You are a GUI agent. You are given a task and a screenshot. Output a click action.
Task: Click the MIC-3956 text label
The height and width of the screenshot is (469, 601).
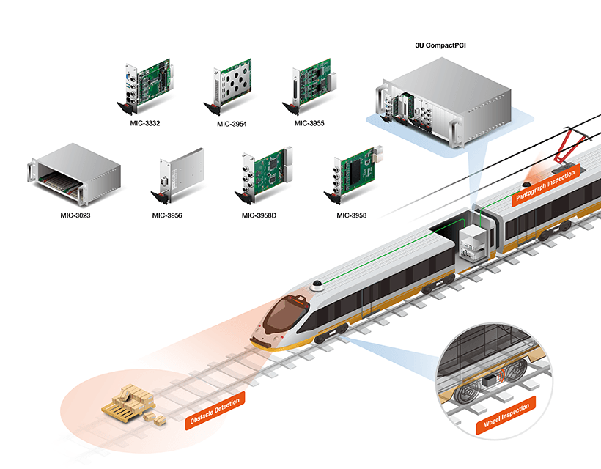167,215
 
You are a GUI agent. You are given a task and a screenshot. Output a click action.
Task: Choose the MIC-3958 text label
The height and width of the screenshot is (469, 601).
351,215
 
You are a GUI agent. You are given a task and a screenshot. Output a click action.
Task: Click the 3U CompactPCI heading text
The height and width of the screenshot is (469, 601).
440,45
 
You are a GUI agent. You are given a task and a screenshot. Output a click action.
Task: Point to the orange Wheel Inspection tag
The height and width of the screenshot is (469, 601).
506,415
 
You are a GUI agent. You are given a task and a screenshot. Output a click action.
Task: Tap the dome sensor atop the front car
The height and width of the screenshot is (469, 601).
317,284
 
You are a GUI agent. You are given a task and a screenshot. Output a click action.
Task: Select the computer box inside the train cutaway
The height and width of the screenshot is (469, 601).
472,243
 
